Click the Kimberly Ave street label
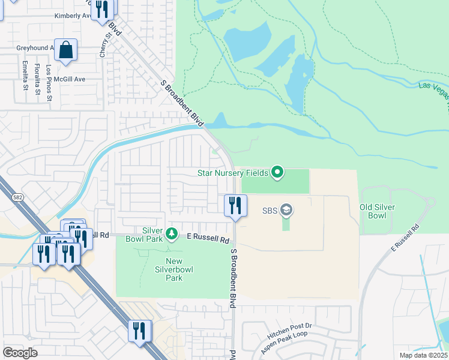click(71, 16)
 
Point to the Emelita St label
click(25, 75)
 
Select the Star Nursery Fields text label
click(233, 173)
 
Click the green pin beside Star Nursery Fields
click(277, 173)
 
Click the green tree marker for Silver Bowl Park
click(172, 233)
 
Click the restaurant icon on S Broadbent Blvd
click(235, 205)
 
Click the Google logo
click(20, 352)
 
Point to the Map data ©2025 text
click(424, 355)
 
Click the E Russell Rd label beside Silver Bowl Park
click(208, 239)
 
